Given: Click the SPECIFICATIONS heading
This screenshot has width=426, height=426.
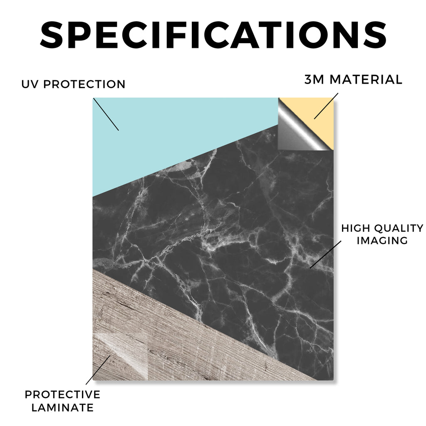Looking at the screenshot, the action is pos(213,35).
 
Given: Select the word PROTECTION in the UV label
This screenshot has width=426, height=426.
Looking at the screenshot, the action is pos(84,84).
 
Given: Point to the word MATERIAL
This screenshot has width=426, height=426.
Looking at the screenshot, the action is pos(366,79).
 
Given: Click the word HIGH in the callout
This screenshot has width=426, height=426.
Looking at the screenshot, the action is pos(356,228).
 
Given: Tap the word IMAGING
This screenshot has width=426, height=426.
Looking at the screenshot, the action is pos(382,240).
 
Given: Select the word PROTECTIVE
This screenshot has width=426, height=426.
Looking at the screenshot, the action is pos(62,394).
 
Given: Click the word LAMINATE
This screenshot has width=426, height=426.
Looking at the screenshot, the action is pos(62,408).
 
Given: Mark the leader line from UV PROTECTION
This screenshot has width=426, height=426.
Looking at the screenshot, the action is pos(106,114).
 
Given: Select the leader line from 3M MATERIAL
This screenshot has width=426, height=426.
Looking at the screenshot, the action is pos(326,106).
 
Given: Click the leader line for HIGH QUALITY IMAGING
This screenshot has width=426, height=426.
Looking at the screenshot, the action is pos(325,254).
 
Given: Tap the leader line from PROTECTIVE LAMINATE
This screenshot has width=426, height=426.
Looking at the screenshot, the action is pos(98,370).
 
